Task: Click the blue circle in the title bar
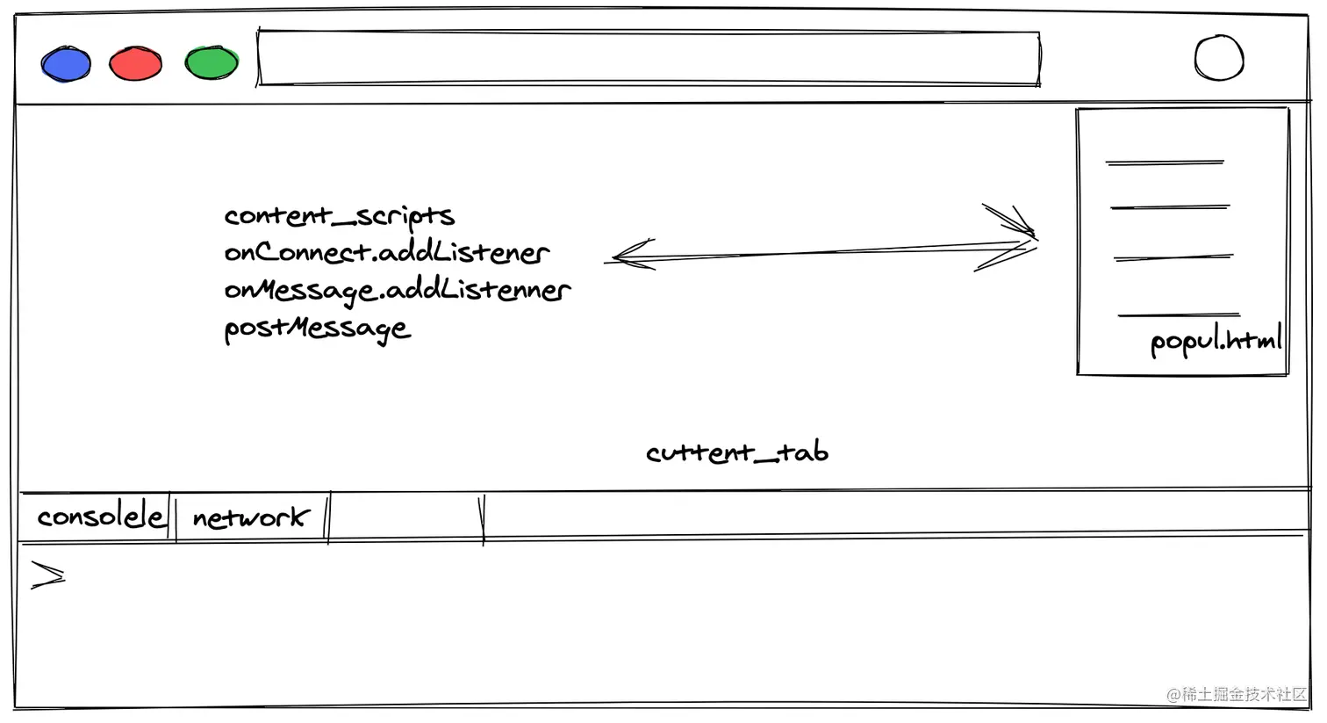(x=66, y=64)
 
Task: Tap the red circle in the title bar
(x=135, y=64)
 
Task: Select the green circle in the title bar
(x=212, y=63)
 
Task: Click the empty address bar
(x=649, y=59)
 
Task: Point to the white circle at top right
(x=1219, y=59)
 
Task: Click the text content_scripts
(x=339, y=216)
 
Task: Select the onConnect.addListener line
(x=386, y=253)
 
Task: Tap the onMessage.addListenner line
(x=397, y=290)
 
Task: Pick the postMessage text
(x=317, y=329)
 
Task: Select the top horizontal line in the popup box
(x=1164, y=163)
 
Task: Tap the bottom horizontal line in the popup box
(x=1178, y=314)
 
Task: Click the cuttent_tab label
(x=737, y=452)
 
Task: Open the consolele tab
(x=99, y=517)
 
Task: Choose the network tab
(x=251, y=517)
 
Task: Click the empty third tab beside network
(x=405, y=517)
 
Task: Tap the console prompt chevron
(x=47, y=575)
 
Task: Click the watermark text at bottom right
(x=1237, y=694)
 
